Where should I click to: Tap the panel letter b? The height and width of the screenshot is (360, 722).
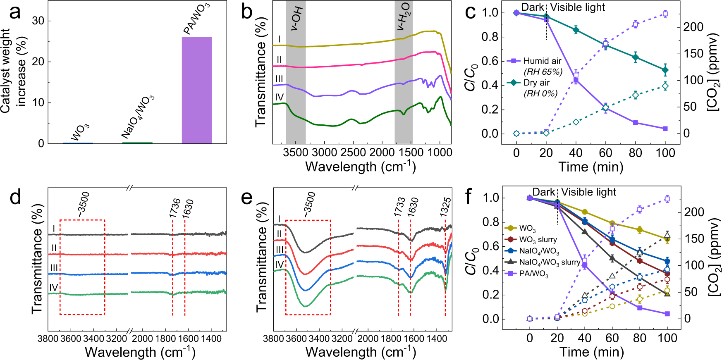coord(247,12)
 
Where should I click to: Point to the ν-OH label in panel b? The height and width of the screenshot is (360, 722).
coord(296,19)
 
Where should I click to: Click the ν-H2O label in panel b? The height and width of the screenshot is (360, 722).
coord(403,16)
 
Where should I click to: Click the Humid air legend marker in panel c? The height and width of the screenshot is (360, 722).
coord(514,61)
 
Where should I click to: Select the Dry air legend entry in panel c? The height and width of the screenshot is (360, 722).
coord(536,83)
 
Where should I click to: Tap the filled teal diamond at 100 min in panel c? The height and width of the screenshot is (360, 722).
coord(665,70)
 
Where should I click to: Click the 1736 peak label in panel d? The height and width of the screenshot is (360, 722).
coord(175,208)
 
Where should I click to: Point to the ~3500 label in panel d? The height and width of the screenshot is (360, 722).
coord(83,204)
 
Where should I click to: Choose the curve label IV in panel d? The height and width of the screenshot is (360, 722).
coord(53,288)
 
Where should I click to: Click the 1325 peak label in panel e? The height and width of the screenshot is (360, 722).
coord(445,207)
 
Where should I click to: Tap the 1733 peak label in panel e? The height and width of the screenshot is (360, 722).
coord(399,207)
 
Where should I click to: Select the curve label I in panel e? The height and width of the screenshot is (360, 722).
coord(279,219)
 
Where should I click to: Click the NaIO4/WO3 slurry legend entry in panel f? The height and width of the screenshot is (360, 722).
coord(550,262)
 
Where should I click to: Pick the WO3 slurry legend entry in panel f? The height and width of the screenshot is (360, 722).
coord(538,240)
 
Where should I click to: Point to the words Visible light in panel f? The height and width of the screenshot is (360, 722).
coord(588,192)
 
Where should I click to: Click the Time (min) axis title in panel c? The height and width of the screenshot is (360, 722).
coord(591,167)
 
